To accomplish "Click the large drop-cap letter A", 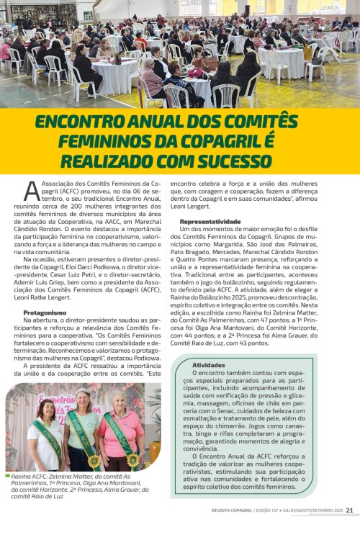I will click(x=31, y=191).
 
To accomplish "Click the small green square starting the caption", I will click(x=7, y=477).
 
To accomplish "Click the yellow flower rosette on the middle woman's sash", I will click(x=94, y=459).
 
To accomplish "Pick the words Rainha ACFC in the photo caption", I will click(x=27, y=477).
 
